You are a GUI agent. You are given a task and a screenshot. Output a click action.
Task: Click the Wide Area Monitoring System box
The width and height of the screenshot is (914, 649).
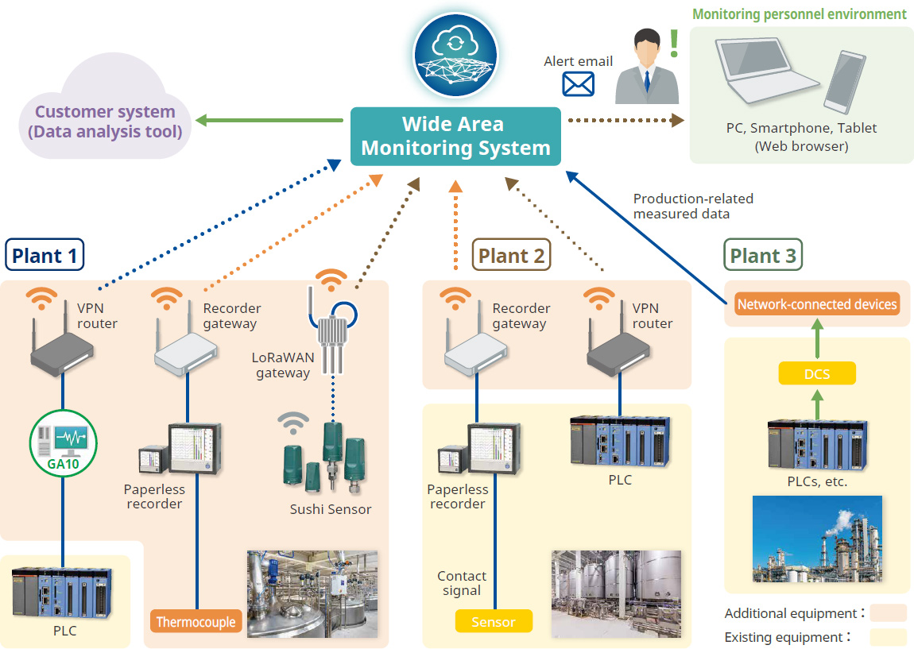pyautogui.click(x=455, y=137)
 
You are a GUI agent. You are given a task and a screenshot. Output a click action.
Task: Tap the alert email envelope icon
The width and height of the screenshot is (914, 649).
pyautogui.click(x=578, y=83)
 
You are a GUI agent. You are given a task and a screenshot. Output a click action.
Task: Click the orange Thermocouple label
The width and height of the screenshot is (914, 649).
pyautogui.click(x=196, y=622)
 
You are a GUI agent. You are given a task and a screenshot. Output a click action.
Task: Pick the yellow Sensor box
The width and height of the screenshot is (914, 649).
pyautogui.click(x=493, y=622)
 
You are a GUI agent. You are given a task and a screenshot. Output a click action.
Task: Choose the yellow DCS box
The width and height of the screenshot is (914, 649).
pyautogui.click(x=816, y=373)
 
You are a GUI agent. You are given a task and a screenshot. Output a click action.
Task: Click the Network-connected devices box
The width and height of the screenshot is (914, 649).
pyautogui.click(x=817, y=304)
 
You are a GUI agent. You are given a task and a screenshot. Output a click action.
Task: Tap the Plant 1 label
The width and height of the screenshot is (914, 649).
pyautogui.click(x=45, y=256)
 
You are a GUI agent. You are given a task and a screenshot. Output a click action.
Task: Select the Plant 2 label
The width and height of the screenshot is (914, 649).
pyautogui.click(x=511, y=256)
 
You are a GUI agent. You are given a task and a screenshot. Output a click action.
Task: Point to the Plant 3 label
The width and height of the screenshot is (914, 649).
pyautogui.click(x=762, y=256)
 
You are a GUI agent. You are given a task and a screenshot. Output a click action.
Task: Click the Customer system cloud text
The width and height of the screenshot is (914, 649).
pyautogui.click(x=105, y=122)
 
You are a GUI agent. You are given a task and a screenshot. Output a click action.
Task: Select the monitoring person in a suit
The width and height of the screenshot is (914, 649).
pyautogui.click(x=647, y=67)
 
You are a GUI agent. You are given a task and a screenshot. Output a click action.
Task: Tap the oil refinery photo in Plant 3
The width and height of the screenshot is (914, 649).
pyautogui.click(x=817, y=539)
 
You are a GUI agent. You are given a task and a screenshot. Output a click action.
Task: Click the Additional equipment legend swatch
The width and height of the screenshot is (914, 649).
pyautogui.click(x=888, y=613)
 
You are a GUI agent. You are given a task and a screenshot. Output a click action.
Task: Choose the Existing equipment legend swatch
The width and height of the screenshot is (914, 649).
pyautogui.click(x=888, y=637)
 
